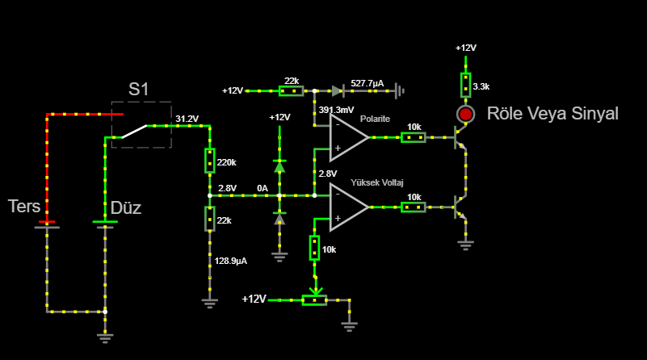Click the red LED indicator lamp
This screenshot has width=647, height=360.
(x=465, y=114)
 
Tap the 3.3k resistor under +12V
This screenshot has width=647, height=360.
(x=465, y=83)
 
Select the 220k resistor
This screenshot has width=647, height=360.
(x=209, y=161)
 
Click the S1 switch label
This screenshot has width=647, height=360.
(x=140, y=90)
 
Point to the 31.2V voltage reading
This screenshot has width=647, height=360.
(x=187, y=119)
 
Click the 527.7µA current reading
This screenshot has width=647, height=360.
(x=367, y=83)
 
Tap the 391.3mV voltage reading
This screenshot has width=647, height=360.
(x=336, y=110)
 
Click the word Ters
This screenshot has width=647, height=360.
(x=24, y=206)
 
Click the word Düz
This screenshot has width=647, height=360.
(x=125, y=208)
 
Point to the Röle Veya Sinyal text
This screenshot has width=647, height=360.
(x=552, y=113)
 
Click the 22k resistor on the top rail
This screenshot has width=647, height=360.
(x=292, y=90)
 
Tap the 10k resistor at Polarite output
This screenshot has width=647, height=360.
(x=414, y=137)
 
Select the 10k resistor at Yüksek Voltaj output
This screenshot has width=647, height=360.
(x=414, y=207)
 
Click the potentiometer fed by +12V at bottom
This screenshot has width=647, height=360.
(x=314, y=299)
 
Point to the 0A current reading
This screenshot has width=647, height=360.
(x=262, y=188)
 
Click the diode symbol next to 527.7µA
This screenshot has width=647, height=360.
(x=338, y=90)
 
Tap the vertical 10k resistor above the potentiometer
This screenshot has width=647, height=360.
(x=314, y=248)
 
